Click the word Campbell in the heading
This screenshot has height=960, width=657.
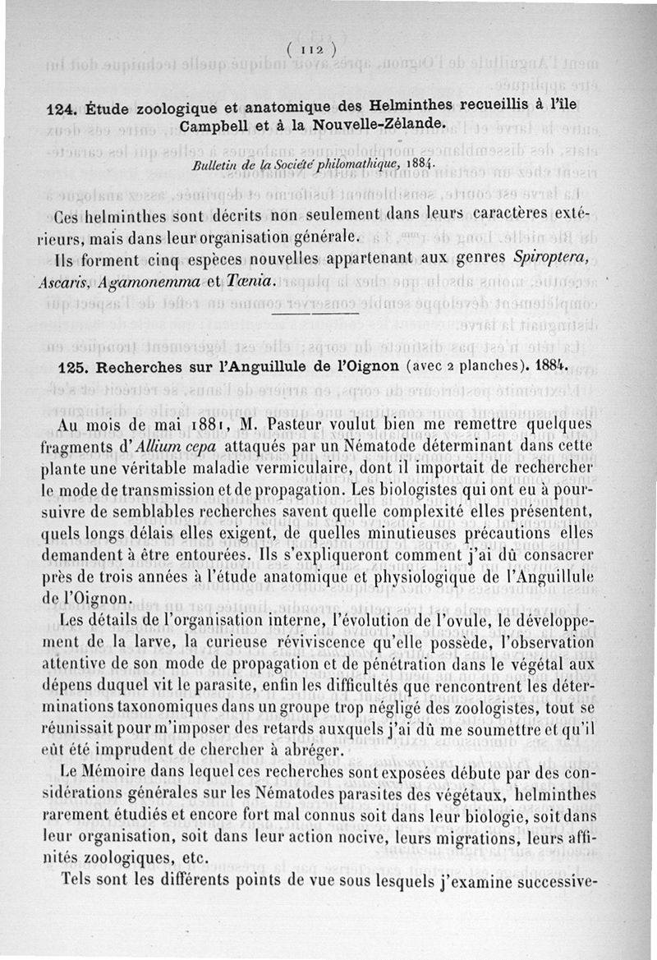point(214,125)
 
